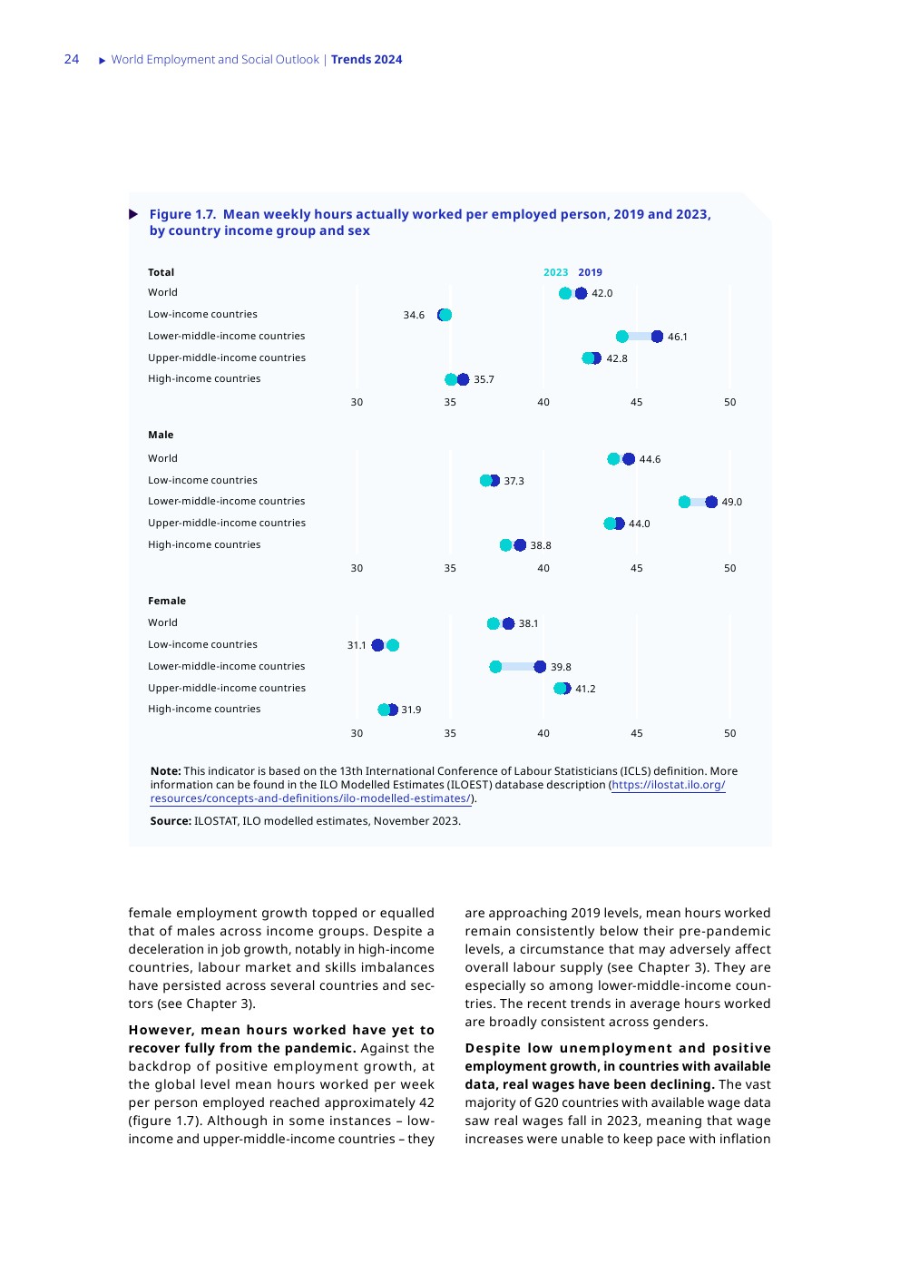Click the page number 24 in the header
(72, 59)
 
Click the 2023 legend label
(555, 272)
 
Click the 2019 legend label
(590, 272)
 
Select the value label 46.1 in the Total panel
(677, 337)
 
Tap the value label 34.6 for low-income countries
(414, 315)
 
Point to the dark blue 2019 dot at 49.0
(711, 502)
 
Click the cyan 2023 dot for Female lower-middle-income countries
(495, 667)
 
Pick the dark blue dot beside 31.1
(377, 645)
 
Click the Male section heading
(161, 435)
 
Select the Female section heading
(167, 601)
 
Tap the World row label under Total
(163, 292)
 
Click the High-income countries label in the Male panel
(204, 544)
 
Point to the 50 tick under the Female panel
(729, 733)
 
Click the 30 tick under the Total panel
(357, 402)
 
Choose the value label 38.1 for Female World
(528, 623)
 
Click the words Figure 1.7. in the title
(182, 214)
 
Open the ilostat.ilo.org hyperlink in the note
(668, 785)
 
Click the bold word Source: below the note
(171, 821)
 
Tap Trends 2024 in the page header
(367, 60)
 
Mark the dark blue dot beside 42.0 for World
(581, 293)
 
